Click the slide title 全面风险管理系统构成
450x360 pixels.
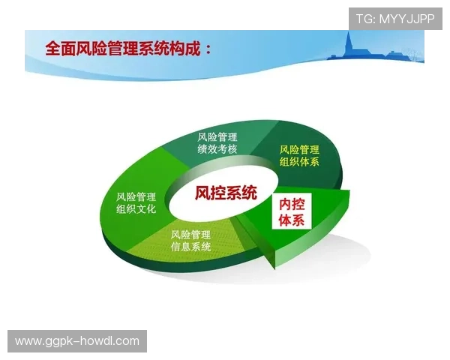[x=127, y=49]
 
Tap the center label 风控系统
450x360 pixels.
[x=226, y=193]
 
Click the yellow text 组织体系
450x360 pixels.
[x=299, y=162]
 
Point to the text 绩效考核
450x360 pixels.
[x=217, y=149]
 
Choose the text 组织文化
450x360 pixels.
[x=136, y=209]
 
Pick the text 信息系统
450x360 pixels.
[x=190, y=247]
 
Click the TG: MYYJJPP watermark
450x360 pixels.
[x=395, y=18]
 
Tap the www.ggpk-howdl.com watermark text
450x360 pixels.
[x=77, y=341]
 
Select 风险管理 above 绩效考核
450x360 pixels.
[x=217, y=136]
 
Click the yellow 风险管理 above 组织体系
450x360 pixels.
[x=299, y=149]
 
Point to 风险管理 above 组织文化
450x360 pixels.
[x=136, y=196]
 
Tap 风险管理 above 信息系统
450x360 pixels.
[x=190, y=234]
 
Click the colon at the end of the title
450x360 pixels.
[x=206, y=50]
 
